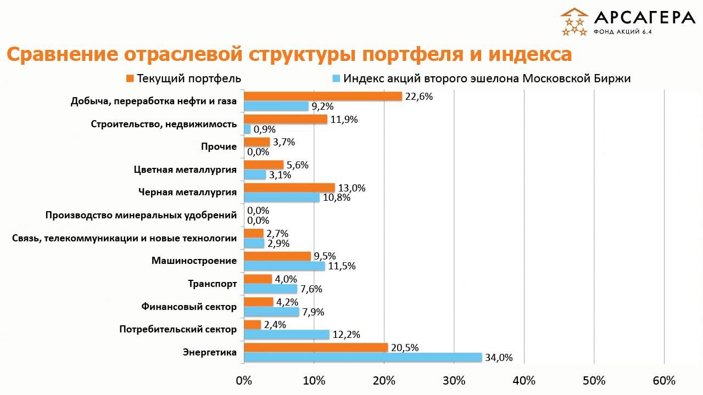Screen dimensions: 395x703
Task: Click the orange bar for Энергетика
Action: point(315,347)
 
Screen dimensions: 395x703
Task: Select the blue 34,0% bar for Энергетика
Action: point(362,358)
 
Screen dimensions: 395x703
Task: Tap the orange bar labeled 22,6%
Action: point(322,96)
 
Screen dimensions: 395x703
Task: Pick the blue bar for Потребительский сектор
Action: point(286,335)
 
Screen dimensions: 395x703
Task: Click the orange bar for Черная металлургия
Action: point(289,188)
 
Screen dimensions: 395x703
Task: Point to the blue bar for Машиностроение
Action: point(284,266)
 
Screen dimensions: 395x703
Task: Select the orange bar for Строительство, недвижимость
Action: point(285,119)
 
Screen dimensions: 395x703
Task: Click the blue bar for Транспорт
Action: point(270,289)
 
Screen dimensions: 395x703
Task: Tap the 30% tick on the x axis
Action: point(454,381)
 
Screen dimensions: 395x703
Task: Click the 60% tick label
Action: point(664,381)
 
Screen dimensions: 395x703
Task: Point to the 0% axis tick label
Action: point(243,381)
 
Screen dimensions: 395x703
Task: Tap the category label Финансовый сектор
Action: point(189,307)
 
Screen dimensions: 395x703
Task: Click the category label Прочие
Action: point(219,146)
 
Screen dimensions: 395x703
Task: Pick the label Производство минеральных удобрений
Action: point(141,215)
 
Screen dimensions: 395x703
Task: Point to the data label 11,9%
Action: point(344,119)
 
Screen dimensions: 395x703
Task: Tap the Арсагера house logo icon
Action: point(574,22)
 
